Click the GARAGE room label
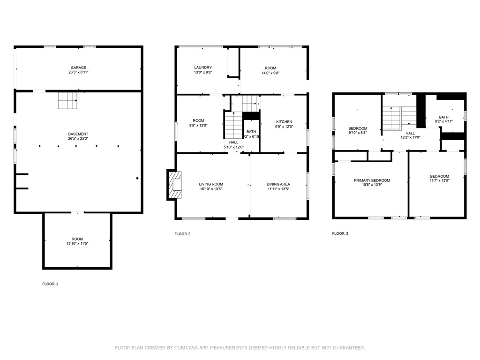[x=78, y=67]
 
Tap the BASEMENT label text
[x=78, y=134]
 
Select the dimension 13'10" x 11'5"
[x=77, y=244]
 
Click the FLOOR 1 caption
[x=50, y=284]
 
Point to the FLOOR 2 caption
[x=182, y=234]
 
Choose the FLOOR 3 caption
[x=340, y=233]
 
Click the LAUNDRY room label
[x=203, y=67]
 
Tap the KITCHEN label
[x=284, y=122]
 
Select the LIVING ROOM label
[x=211, y=184]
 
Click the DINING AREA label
[x=278, y=184]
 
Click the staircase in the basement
[x=67, y=100]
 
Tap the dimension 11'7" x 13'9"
[x=439, y=181]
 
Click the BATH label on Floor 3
[x=443, y=117]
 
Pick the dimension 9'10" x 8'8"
[x=357, y=133]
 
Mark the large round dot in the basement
[x=137, y=178]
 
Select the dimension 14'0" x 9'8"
[x=270, y=73]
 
